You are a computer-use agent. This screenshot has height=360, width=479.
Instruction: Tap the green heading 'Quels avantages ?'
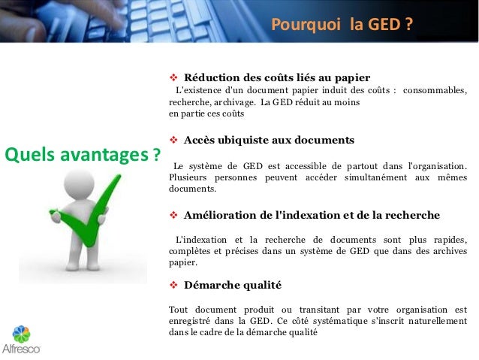pyautogui.click(x=83, y=156)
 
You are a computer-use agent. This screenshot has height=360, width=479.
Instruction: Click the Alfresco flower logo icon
pyautogui.click(x=21, y=333)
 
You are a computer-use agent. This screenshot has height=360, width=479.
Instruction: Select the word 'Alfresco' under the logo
pyautogui.click(x=21, y=349)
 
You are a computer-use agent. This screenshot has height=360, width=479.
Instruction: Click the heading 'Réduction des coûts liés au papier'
pyautogui.click(x=277, y=77)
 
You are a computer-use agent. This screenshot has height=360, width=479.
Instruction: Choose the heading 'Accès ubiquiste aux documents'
pyautogui.click(x=269, y=140)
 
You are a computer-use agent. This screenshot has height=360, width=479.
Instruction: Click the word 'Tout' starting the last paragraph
pyautogui.click(x=179, y=309)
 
